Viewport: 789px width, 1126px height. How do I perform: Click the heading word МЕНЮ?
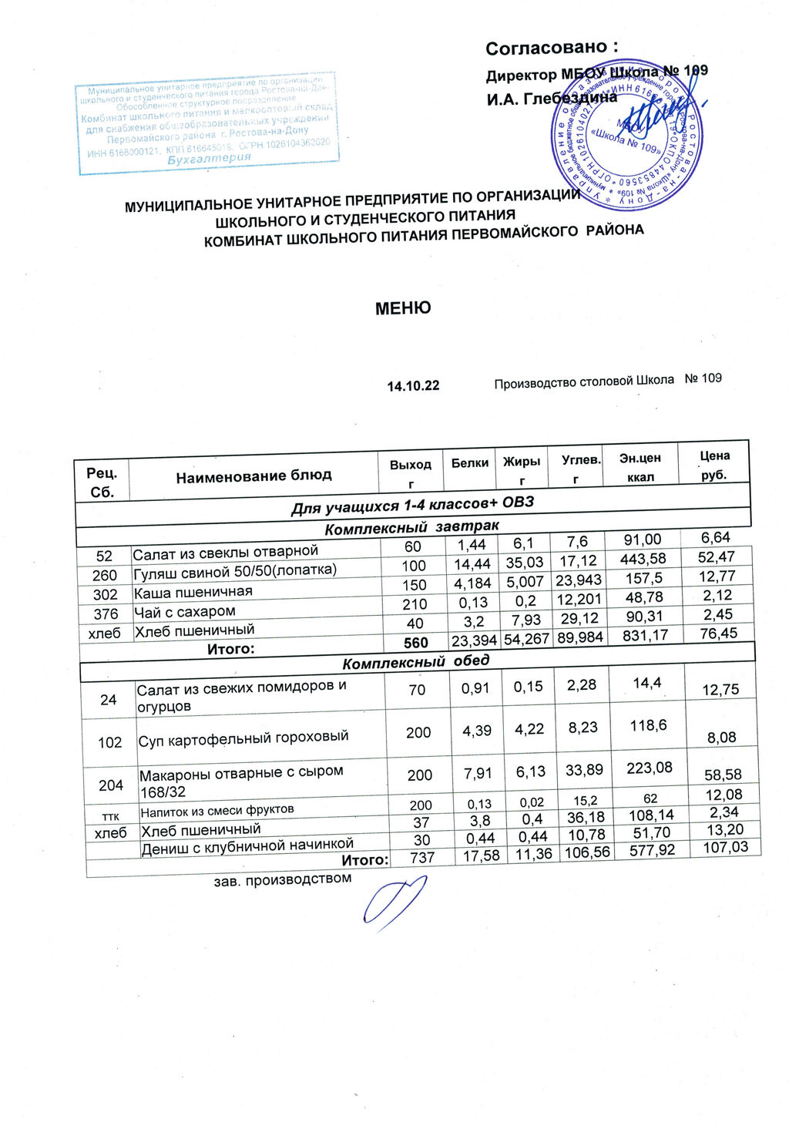click(x=402, y=308)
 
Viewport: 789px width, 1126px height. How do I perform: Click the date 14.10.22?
click(x=413, y=385)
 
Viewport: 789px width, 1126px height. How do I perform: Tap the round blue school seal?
click(x=626, y=139)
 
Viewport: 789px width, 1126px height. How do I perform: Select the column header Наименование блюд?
click(x=253, y=476)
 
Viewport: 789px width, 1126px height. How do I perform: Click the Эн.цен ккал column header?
click(x=640, y=467)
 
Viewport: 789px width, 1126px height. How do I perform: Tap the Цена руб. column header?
click(x=714, y=465)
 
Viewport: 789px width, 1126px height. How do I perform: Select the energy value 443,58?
click(x=643, y=559)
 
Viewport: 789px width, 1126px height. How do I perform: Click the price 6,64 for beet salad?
click(x=716, y=537)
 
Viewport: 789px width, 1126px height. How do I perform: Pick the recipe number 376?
click(x=106, y=613)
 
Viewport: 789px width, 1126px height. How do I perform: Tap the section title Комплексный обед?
click(x=416, y=662)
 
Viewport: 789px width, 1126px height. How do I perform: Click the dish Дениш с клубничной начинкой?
click(x=247, y=845)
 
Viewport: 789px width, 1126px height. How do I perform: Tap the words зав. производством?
click(x=282, y=879)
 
